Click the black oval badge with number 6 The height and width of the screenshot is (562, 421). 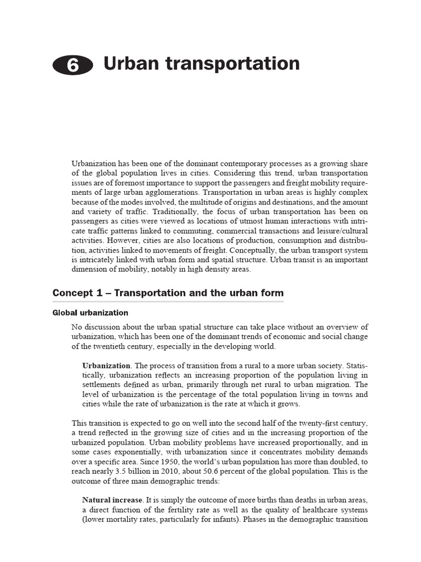click(x=73, y=66)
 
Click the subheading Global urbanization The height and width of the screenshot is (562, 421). click(x=90, y=313)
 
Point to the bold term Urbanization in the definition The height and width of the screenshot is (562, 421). click(x=106, y=366)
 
